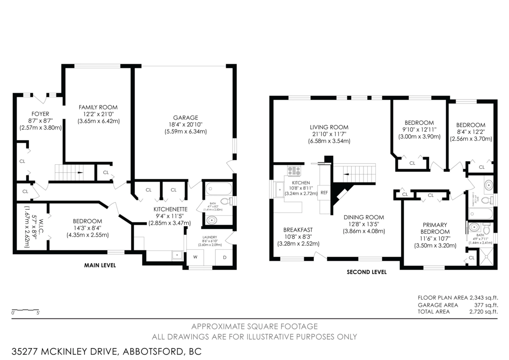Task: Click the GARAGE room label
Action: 185,118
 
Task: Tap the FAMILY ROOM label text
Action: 98,107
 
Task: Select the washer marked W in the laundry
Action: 195,257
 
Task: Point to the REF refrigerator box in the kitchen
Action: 324,192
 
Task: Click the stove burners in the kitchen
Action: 294,171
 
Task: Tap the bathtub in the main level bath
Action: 218,188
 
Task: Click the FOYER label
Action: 40,114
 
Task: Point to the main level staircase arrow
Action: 80,172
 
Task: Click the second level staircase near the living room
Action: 354,173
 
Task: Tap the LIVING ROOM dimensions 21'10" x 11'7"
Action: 329,134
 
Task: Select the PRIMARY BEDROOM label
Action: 435,228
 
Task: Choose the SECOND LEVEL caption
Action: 366,272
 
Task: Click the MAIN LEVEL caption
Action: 100,265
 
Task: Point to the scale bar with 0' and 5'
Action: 25,310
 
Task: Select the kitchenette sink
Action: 176,255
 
